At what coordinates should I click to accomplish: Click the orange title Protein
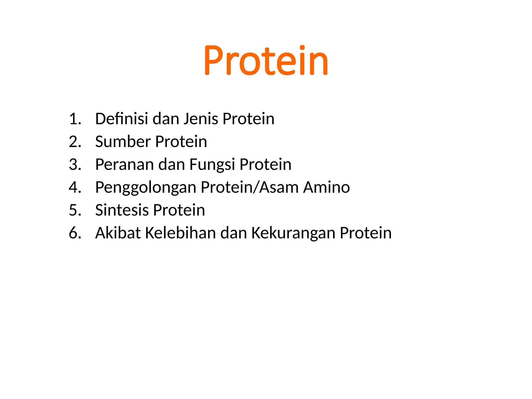coord(266,61)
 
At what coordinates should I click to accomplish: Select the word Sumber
coord(123,142)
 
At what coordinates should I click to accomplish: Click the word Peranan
coord(125,165)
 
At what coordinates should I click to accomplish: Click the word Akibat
coord(118,233)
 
